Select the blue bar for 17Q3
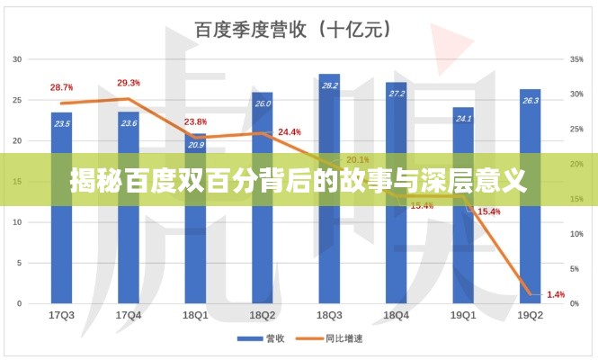click(63, 243)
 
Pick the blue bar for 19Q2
click(530, 243)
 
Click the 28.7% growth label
click(62, 87)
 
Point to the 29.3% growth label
click(129, 83)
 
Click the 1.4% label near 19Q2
click(556, 294)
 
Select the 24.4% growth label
click(290, 132)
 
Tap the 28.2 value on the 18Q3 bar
click(329, 85)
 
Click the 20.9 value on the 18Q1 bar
click(196, 144)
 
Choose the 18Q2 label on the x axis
click(263, 315)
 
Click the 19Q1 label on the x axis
click(463, 315)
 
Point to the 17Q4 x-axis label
click(129, 315)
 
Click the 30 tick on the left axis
click(17, 59)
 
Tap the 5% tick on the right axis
click(575, 269)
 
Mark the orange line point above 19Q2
click(531, 293)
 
